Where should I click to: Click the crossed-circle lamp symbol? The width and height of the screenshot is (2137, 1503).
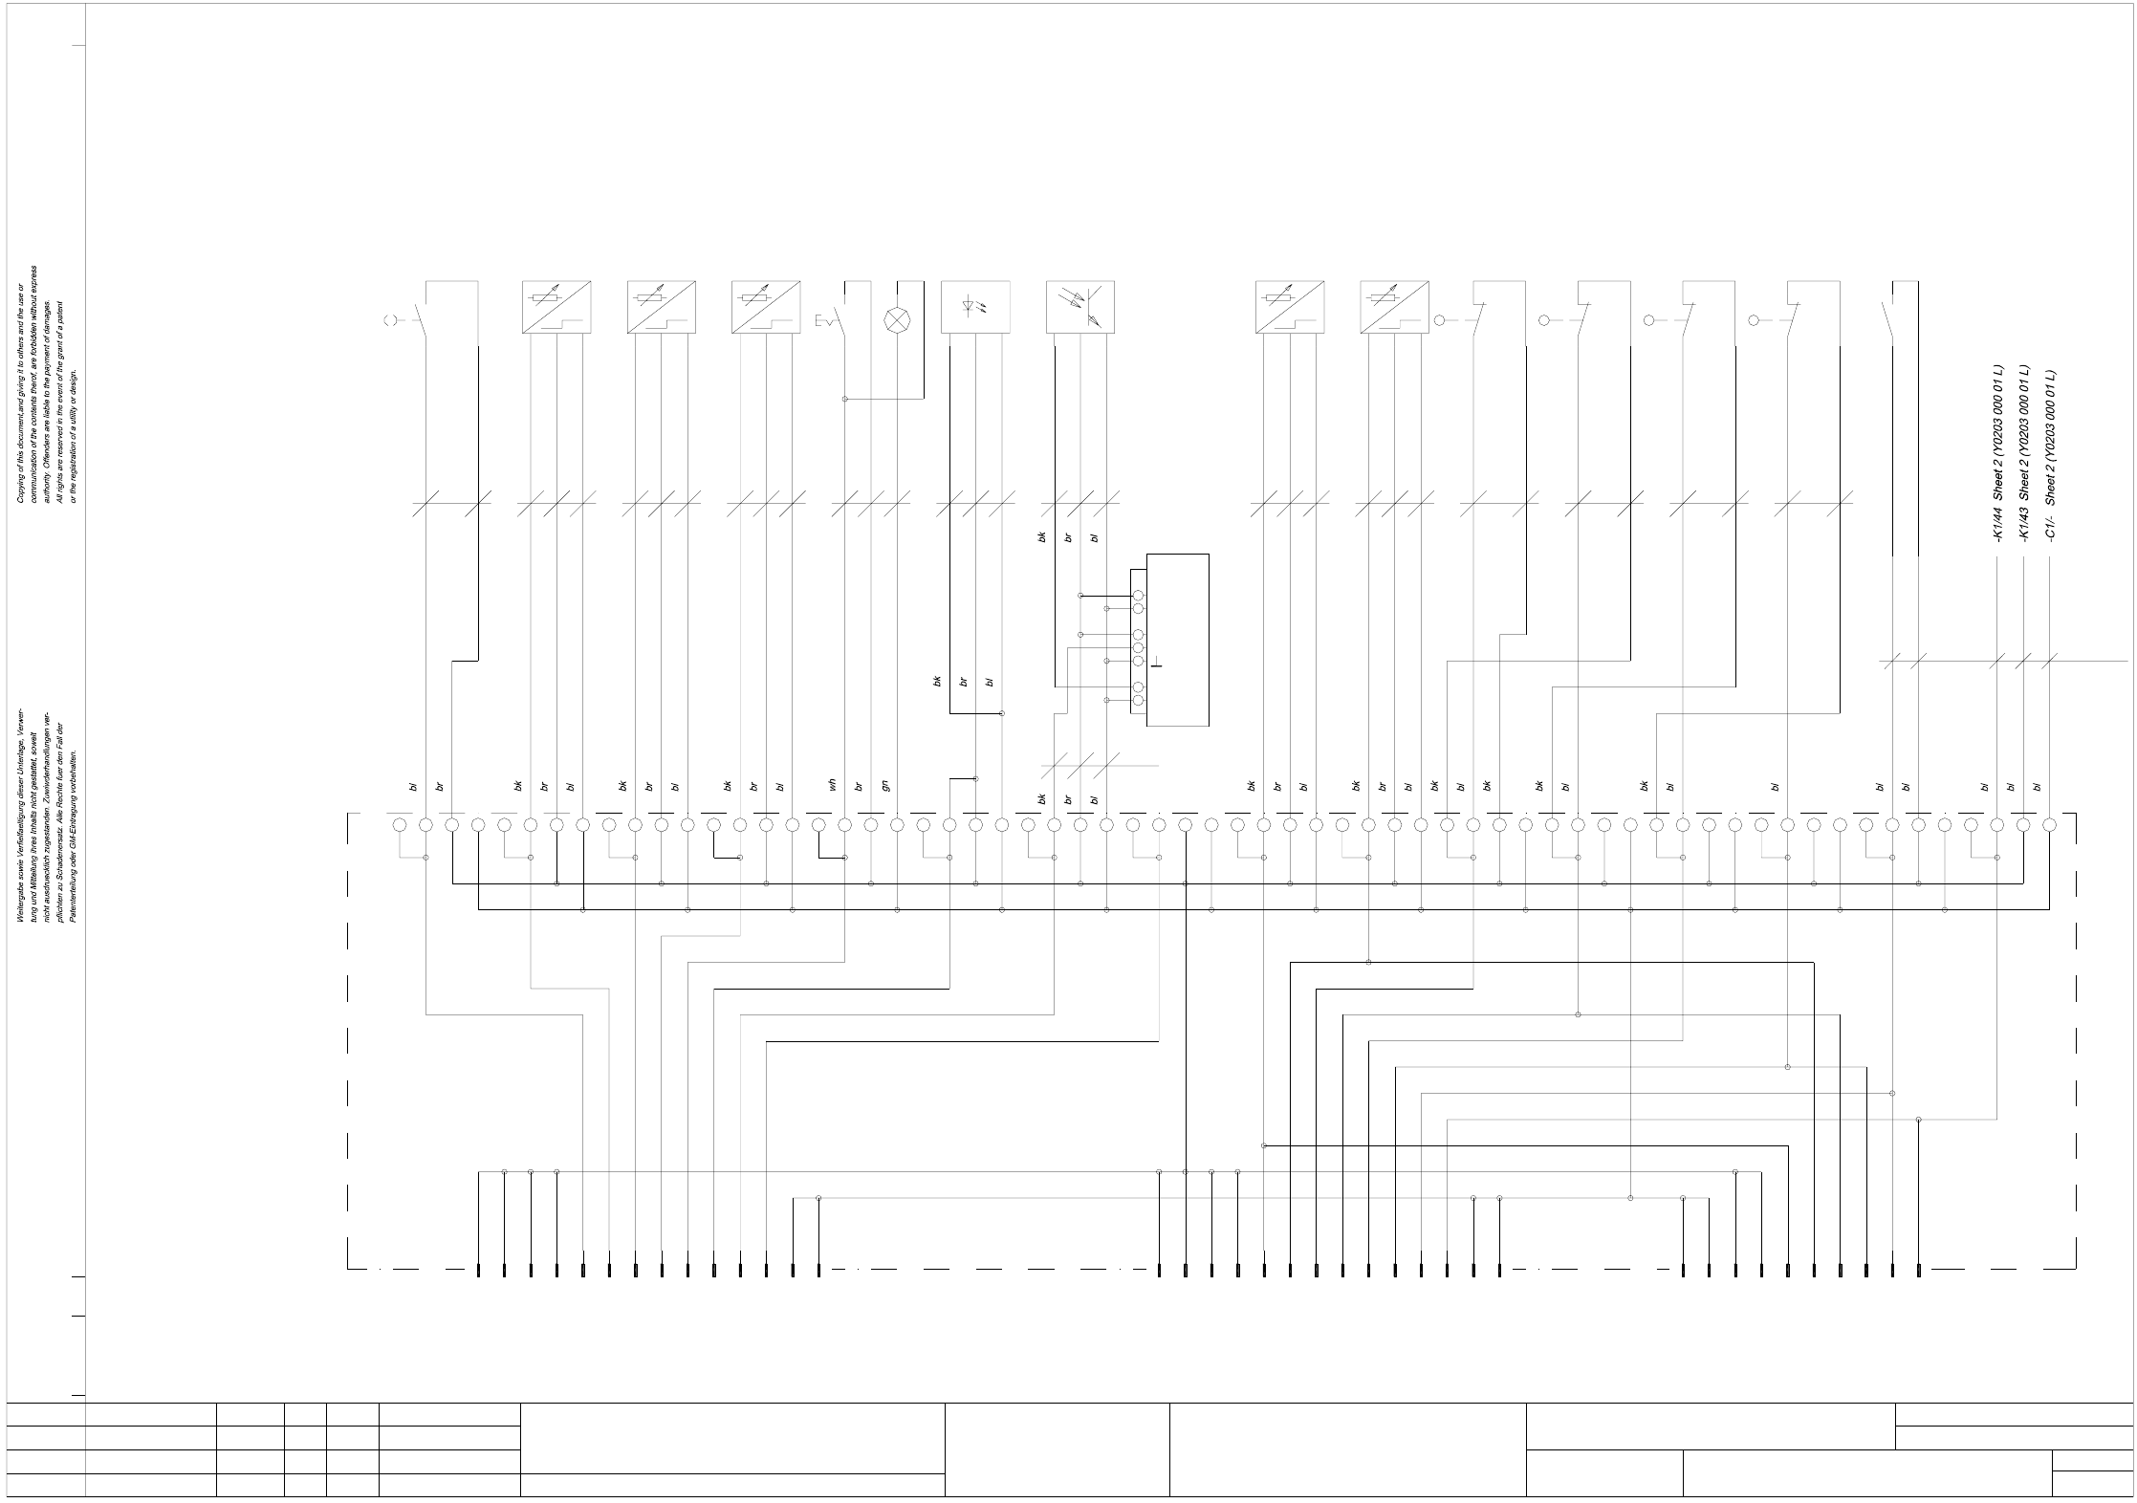[897, 320]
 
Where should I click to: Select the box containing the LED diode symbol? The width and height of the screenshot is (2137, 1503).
[975, 307]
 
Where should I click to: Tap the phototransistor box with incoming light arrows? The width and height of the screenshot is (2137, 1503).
[1079, 307]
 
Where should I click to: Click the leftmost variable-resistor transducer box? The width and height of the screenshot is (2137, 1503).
[556, 307]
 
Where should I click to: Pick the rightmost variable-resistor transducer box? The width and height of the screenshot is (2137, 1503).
[1394, 307]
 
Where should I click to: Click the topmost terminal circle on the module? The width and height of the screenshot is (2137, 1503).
[1138, 596]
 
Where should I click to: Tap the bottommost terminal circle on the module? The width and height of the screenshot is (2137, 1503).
[1138, 701]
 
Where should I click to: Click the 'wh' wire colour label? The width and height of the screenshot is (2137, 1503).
[833, 785]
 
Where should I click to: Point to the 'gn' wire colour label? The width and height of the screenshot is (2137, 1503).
[885, 785]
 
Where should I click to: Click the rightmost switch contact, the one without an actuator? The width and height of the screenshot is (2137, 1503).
[1887, 316]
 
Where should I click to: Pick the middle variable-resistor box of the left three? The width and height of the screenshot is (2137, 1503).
[661, 307]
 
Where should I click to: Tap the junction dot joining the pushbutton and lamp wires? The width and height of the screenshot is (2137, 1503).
[845, 399]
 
